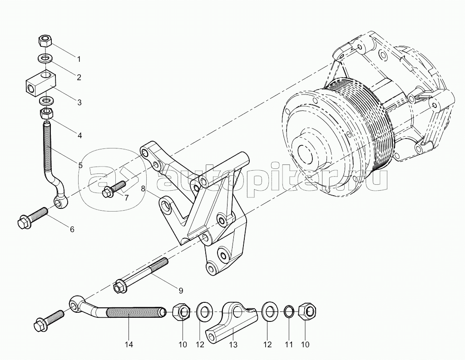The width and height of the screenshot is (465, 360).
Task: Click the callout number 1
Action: click(79, 59)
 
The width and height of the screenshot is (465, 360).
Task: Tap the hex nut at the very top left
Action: click(44, 42)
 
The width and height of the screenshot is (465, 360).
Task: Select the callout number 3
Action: click(79, 103)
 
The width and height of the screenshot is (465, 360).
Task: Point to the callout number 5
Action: click(80, 165)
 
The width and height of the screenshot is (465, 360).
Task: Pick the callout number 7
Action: click(126, 198)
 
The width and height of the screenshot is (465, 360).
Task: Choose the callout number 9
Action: click(180, 290)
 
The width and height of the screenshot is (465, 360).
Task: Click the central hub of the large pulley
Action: click(307, 152)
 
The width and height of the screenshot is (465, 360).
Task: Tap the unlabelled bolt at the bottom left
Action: click(48, 320)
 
